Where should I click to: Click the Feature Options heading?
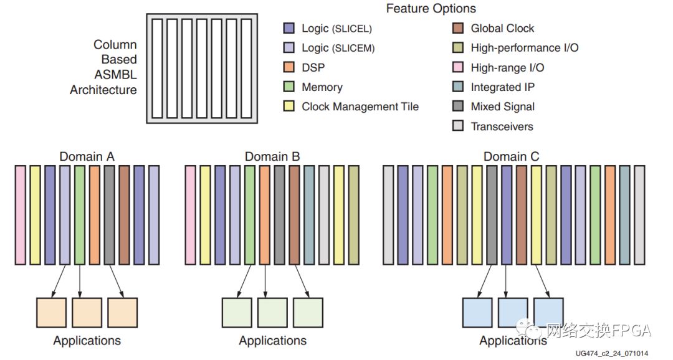pyautogui.click(x=431, y=9)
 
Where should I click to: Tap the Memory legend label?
pyautogui.click(x=322, y=87)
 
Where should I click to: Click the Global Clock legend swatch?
pyautogui.click(x=458, y=28)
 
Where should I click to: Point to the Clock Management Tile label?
pyautogui.click(x=360, y=107)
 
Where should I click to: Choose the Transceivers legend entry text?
pyautogui.click(x=502, y=126)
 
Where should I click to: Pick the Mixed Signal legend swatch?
pyautogui.click(x=458, y=107)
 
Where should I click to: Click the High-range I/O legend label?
pyautogui.click(x=507, y=67)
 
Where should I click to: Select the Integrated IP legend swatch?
pyautogui.click(x=458, y=87)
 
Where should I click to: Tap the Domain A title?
pyautogui.click(x=87, y=156)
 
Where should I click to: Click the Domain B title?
pyautogui.click(x=273, y=156)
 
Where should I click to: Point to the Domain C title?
pyautogui.click(x=513, y=156)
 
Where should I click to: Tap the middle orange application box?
pyautogui.click(x=87, y=313)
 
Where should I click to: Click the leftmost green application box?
pyautogui.click(x=237, y=313)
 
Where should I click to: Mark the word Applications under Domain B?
pyautogui.click(x=273, y=341)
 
